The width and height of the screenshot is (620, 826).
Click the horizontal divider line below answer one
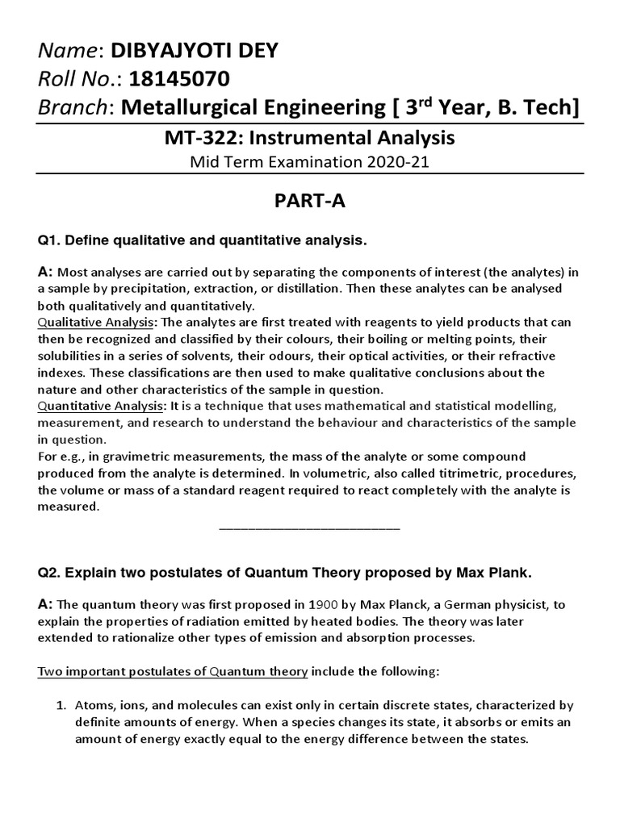[x=309, y=528]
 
